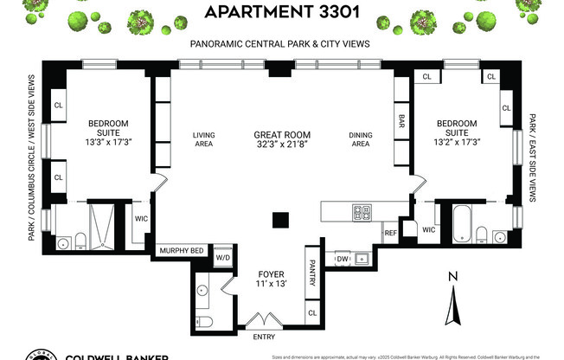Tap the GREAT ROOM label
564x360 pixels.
point(282,135)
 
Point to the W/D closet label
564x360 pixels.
point(221,257)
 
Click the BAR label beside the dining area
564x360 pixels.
point(401,119)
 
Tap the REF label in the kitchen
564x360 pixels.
point(390,232)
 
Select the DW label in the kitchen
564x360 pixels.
point(343,258)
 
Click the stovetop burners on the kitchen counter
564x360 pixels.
point(361,211)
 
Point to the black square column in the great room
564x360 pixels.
point(279,220)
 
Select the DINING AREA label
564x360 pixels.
point(360,139)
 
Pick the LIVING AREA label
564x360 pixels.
point(203,139)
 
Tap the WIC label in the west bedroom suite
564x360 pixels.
point(141,218)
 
